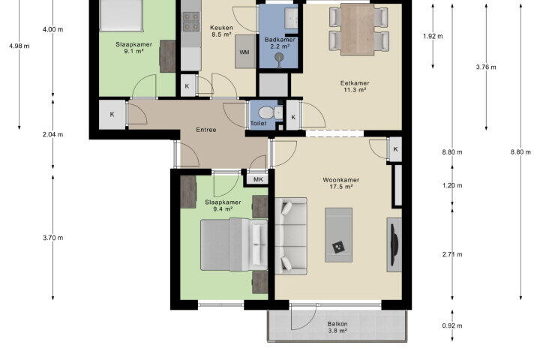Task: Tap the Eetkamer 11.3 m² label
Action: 355,86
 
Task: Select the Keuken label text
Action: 221,28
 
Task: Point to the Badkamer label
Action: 280,40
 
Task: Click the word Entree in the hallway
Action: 206,130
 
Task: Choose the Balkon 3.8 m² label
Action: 337,327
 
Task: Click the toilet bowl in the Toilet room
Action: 267,112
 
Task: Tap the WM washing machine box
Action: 245,52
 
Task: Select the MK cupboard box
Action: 258,179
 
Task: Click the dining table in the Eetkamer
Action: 358,29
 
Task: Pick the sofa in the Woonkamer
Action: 291,236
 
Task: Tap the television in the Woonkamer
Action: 394,245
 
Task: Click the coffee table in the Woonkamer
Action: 338,235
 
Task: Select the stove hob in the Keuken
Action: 191,21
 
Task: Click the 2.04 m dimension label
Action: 53,134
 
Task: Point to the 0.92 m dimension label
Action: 452,325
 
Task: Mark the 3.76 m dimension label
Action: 486,67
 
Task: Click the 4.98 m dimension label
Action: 19,46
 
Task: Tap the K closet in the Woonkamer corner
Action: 395,149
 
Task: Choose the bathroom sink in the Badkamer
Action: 291,18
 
